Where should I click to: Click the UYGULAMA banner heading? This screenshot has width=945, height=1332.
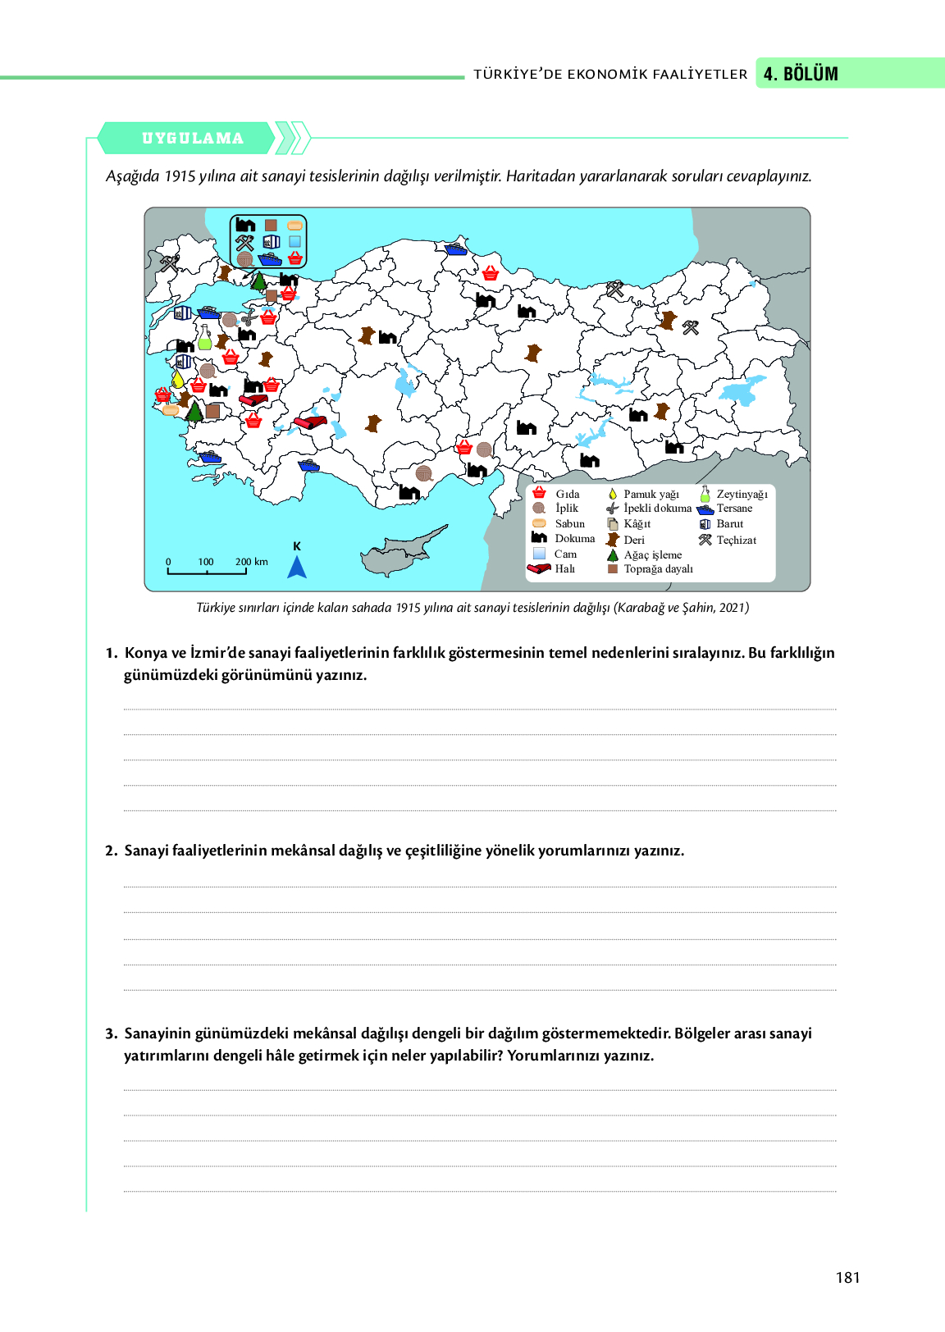193,139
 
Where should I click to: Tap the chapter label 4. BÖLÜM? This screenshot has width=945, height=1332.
801,74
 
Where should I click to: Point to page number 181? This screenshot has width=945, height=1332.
847,1277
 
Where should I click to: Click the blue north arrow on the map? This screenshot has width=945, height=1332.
297,567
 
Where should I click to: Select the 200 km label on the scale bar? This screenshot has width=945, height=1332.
252,562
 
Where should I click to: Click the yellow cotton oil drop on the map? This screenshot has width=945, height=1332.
177,379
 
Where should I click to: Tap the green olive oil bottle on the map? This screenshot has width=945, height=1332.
204,338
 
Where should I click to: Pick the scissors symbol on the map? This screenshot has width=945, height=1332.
249,318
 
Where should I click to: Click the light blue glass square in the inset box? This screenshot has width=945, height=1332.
294,242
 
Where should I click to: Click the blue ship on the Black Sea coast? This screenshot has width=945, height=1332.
456,247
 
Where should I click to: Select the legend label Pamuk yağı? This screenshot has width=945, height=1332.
651,494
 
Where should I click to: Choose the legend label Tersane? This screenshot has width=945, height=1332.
734,509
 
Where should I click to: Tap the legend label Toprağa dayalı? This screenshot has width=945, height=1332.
658,569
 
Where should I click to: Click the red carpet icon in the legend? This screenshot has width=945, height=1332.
539,568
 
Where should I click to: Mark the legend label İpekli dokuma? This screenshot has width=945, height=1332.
657,509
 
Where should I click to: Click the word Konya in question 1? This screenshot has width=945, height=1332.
146,653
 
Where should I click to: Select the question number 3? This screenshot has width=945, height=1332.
111,1033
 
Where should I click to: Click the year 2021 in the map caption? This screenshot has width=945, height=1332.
732,608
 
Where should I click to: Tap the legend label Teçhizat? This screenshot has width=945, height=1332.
736,540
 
